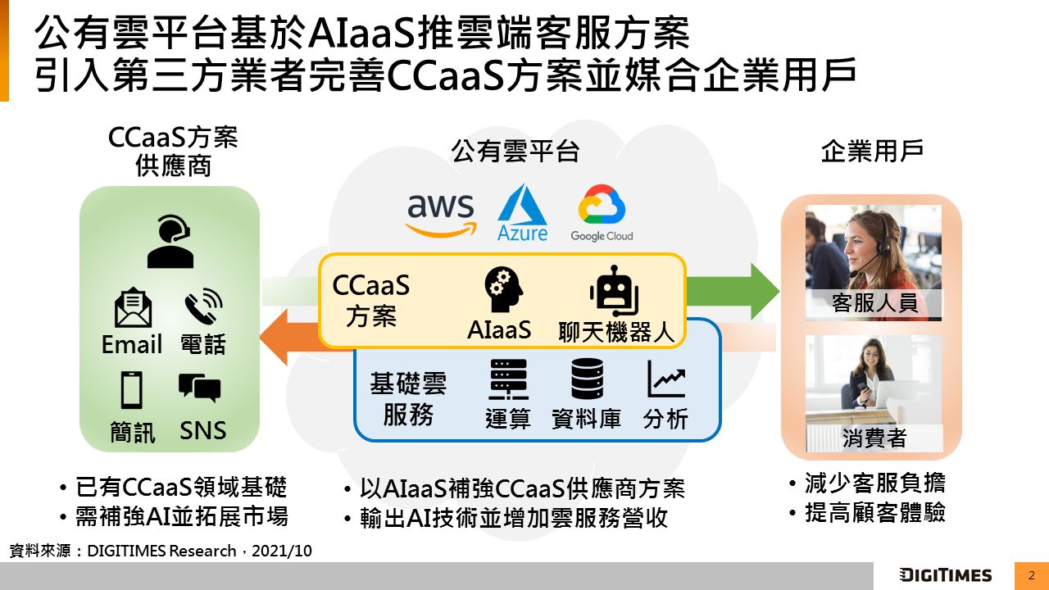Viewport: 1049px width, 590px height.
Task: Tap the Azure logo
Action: (x=522, y=212)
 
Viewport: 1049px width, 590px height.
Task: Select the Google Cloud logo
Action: (x=602, y=214)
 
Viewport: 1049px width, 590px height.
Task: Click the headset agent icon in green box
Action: (x=170, y=242)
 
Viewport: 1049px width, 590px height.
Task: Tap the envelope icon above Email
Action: (x=133, y=308)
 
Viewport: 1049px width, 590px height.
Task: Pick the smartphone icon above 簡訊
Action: (x=132, y=389)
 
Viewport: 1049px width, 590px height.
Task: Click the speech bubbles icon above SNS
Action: (x=200, y=388)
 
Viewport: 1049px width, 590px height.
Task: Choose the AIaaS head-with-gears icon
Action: (x=499, y=291)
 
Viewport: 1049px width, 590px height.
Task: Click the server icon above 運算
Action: (x=508, y=379)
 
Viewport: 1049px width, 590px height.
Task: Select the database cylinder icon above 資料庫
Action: (x=587, y=379)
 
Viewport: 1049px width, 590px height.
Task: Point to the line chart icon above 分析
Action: (x=665, y=379)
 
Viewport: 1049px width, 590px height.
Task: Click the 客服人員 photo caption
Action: (x=874, y=303)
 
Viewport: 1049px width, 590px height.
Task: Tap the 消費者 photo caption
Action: (x=874, y=438)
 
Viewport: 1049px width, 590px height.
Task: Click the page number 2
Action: (x=1031, y=575)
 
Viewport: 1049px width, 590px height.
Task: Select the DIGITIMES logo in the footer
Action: (x=945, y=575)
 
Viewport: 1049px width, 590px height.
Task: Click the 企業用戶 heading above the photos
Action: (x=872, y=152)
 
